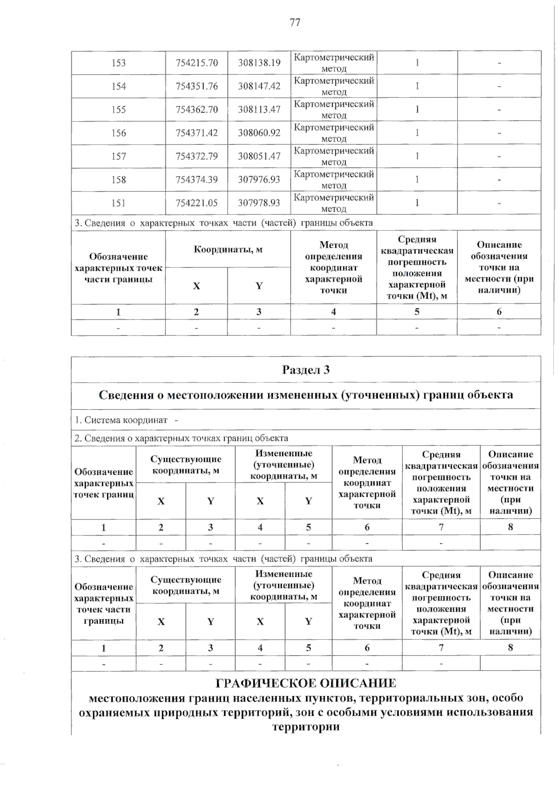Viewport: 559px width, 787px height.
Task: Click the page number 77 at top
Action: point(295,22)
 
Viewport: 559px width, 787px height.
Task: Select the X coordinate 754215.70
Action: point(197,63)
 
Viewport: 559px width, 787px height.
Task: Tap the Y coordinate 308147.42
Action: point(259,86)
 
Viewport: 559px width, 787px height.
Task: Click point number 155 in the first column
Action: point(118,109)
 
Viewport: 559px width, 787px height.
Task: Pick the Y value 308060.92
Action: point(259,133)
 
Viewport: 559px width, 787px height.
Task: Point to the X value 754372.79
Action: point(197,156)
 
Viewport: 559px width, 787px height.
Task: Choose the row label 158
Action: point(118,179)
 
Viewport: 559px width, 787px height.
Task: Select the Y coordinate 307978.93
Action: point(259,203)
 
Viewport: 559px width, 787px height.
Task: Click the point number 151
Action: point(118,203)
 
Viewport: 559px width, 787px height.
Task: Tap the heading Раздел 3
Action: point(306,370)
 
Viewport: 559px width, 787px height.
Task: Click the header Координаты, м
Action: point(228,249)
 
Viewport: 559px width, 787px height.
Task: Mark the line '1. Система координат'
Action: point(126,420)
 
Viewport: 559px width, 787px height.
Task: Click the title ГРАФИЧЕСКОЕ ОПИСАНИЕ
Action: point(306,684)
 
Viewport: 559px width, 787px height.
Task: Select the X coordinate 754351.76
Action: point(197,86)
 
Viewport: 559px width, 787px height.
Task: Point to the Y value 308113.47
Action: point(259,109)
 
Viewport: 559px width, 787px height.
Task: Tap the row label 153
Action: point(118,63)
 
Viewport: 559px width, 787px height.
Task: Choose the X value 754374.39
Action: point(197,179)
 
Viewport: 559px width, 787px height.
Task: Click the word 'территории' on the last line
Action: point(306,726)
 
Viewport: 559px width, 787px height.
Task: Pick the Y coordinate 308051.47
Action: point(259,156)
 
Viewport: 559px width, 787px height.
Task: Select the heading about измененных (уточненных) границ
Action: point(306,395)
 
